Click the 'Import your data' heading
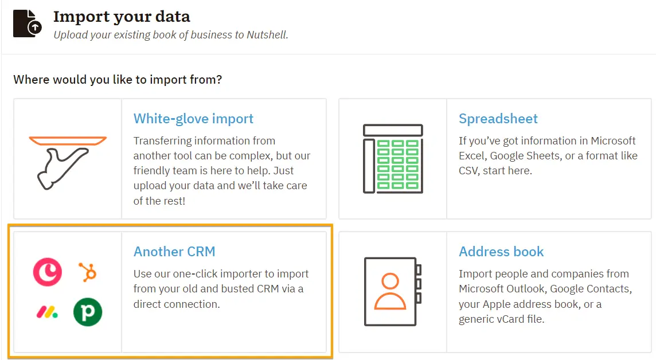[122, 17]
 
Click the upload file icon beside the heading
[28, 23]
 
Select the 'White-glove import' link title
[193, 119]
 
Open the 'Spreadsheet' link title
[498, 119]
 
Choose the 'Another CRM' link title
[174, 252]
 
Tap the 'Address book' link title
[501, 252]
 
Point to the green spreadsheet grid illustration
[393, 159]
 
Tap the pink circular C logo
[47, 272]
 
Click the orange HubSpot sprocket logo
[88, 272]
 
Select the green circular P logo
[88, 312]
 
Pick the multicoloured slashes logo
[47, 312]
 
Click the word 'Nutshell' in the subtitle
[264, 35]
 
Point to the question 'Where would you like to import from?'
[118, 79]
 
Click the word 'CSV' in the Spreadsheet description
[470, 171]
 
